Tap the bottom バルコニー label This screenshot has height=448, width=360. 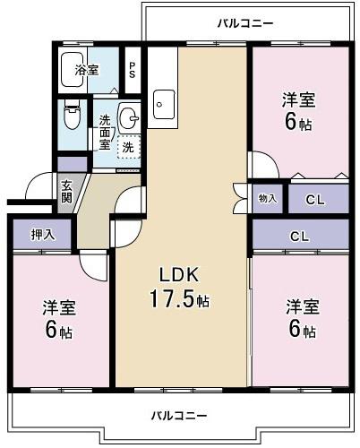coord(179,416)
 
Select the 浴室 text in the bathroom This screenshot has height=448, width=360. coord(86,70)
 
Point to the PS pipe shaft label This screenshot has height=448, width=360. coord(133,70)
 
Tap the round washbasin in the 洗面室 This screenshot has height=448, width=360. coord(128,116)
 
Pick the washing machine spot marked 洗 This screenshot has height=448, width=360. coord(129,147)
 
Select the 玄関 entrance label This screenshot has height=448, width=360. coord(67,192)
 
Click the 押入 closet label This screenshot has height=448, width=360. coord(43,235)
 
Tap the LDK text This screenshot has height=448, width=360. coord(178,274)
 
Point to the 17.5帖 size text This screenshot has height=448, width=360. coord(179,299)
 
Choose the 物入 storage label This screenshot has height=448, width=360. coord(267,198)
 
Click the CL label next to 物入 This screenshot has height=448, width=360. coord(315,199)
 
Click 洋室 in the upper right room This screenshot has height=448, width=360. coord(300,100)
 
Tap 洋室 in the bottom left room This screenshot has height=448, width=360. coord(59,308)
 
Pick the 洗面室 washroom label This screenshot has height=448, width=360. coord(105,132)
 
